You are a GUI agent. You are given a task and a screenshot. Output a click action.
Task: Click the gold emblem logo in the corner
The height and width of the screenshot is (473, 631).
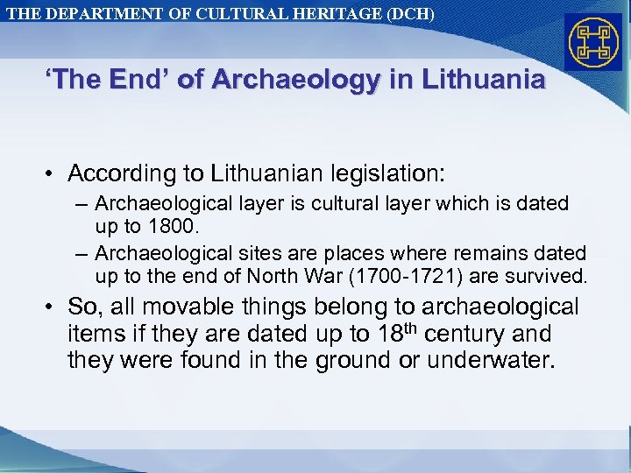[593, 42]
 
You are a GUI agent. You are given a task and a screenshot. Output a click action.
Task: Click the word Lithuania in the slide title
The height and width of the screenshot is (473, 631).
[484, 81]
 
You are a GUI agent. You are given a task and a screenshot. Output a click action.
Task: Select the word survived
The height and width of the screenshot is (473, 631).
[552, 277]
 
